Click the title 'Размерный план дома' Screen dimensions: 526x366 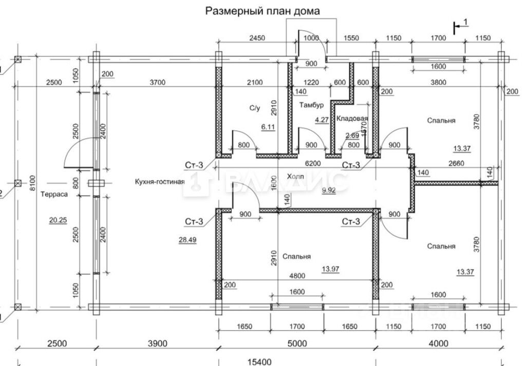click(262, 11)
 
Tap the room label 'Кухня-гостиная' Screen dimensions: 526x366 click(160, 182)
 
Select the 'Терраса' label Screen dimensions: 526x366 click(54, 194)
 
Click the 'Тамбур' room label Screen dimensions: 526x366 click(311, 105)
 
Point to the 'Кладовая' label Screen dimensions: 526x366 click(352, 118)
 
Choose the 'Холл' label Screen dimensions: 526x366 click(295, 176)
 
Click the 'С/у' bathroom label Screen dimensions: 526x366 click(255, 108)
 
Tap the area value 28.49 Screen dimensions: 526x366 click(187, 240)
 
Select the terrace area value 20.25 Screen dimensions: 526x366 click(58, 220)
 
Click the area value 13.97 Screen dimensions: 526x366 click(330, 269)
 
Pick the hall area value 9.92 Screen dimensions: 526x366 click(329, 191)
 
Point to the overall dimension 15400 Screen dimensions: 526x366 click(259, 362)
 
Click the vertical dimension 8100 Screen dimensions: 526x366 click(32, 183)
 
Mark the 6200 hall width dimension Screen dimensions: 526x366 click(313, 164)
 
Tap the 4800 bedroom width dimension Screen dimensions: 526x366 click(297, 276)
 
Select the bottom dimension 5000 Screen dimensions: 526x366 click(297, 343)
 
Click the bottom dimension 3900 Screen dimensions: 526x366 click(157, 343)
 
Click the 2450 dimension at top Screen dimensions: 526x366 click(257, 38)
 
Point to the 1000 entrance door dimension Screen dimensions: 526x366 click(311, 38)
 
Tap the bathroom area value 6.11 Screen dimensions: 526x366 click(268, 127)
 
